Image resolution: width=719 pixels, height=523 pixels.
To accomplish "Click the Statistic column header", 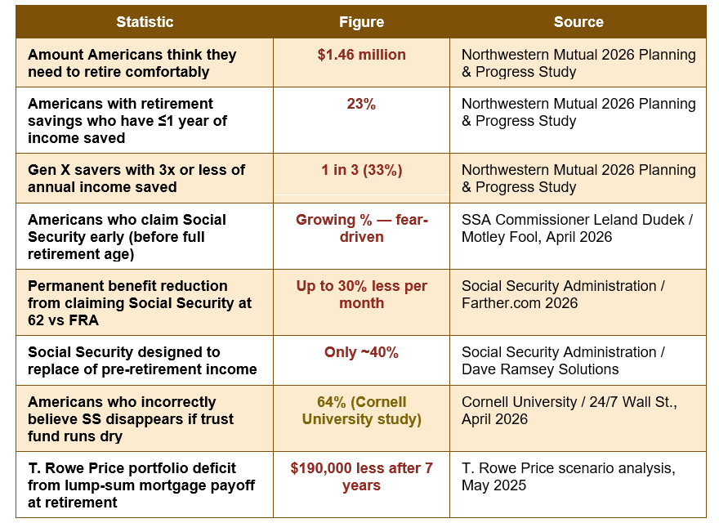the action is [x=145, y=22].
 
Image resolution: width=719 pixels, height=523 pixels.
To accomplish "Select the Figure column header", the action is [x=361, y=22].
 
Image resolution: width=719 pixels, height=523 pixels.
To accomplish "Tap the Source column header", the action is [x=578, y=22].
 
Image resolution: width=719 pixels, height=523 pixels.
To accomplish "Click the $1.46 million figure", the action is [x=361, y=55].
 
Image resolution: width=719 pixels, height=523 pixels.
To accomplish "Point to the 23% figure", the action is [x=361, y=104].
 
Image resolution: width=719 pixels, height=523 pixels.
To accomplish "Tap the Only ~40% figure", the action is [x=361, y=352].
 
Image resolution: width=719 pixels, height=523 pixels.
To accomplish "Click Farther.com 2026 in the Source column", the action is [x=520, y=303].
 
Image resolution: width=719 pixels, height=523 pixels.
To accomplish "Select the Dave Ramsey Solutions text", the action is [x=540, y=369].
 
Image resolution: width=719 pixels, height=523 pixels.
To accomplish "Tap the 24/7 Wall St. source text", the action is [x=633, y=402].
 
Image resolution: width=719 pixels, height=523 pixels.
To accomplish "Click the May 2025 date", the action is [x=493, y=485].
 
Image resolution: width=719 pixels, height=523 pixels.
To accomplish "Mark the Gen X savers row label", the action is [x=136, y=178].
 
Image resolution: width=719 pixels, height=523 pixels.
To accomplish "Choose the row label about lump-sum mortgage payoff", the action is [x=141, y=485].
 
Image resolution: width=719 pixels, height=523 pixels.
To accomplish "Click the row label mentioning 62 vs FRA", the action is [x=140, y=303].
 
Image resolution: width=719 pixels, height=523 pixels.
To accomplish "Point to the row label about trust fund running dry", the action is [x=131, y=419].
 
